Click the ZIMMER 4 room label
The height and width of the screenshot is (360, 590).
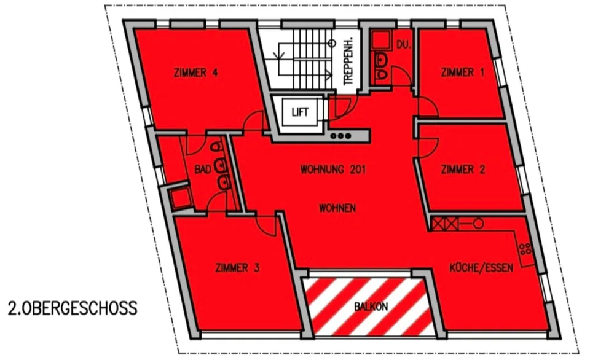point(195,72)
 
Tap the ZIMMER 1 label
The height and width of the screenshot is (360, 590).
point(462,72)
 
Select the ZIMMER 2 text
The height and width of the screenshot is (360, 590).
point(463,170)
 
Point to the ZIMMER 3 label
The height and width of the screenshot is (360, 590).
point(237,268)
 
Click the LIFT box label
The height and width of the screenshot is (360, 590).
point(300,112)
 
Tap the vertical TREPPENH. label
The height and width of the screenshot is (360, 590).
point(348,61)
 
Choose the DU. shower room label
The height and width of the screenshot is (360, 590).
point(403,45)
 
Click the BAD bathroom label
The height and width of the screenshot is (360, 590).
point(202,170)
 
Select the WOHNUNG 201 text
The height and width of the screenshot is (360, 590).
point(332,170)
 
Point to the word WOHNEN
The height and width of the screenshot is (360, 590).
point(337,208)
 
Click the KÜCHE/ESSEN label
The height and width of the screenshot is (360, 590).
point(481,268)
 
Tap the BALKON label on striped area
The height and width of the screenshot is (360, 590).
point(371,307)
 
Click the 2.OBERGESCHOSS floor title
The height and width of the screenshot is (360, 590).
point(73,308)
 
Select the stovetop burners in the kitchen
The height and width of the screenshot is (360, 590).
point(525,249)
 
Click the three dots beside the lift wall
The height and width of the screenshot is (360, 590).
point(340,136)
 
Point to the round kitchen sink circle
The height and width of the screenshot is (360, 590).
point(478,224)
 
